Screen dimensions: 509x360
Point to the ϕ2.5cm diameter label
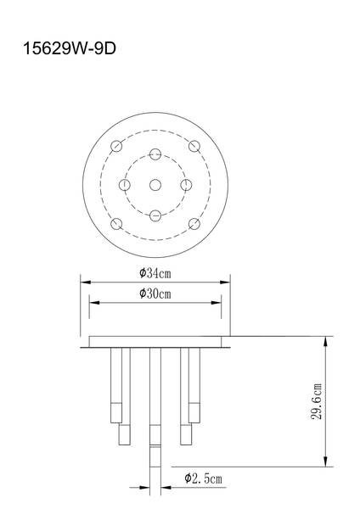pyautogui.click(x=203, y=479)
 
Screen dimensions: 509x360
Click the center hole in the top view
pyautogui.click(x=155, y=184)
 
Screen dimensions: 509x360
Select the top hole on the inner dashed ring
pyautogui.click(x=155, y=154)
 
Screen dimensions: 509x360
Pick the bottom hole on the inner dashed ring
pyautogui.click(x=155, y=215)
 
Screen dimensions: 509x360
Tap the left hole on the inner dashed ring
pyautogui.click(x=125, y=184)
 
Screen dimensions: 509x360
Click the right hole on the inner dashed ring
pyautogui.click(x=186, y=184)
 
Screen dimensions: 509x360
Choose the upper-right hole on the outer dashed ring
pyautogui.click(x=194, y=145)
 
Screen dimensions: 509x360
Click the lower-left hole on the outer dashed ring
pyautogui.click(x=117, y=224)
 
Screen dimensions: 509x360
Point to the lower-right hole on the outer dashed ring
pyautogui.click(x=194, y=224)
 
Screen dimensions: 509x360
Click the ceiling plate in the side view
pyautogui.click(x=155, y=343)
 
